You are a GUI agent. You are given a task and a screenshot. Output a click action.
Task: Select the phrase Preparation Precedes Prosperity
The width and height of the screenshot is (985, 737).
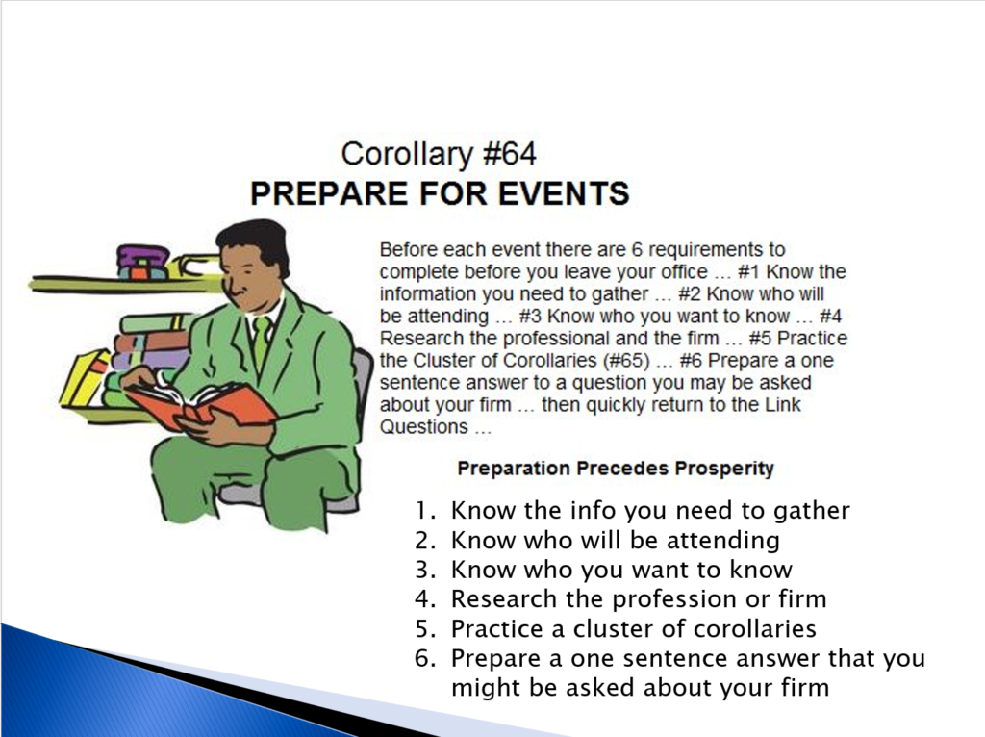[616, 469]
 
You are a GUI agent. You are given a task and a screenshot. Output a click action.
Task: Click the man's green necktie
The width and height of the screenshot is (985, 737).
[260, 343]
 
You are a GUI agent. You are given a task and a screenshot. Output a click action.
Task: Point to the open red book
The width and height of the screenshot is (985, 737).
[201, 404]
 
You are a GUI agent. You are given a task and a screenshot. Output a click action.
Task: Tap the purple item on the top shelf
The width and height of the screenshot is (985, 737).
[143, 262]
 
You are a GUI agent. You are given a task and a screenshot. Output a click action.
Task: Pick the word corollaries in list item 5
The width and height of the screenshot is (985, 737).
[754, 629]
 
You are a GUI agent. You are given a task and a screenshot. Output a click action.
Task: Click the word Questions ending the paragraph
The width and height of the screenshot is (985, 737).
[424, 427]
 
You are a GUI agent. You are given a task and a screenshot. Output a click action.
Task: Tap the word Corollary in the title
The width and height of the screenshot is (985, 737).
[407, 155]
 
